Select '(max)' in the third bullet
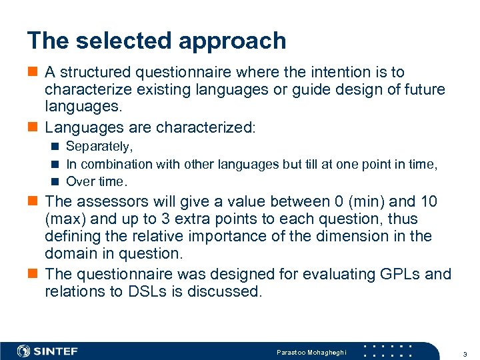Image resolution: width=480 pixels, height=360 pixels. (64, 219)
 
